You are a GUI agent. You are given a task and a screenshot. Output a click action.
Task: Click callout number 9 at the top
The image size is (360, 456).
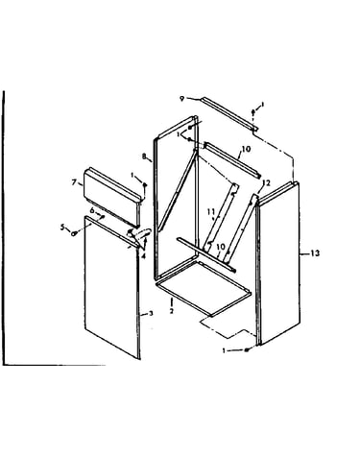181,99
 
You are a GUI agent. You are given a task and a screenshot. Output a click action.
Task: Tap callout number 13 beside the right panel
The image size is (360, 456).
315,253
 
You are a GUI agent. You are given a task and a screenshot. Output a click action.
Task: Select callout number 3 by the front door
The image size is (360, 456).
151,313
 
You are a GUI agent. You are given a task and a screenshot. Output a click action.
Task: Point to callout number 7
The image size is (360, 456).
74,182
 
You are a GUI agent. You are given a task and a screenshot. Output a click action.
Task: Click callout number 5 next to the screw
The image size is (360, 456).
62,228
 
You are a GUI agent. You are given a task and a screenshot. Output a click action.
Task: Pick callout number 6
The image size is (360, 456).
92,210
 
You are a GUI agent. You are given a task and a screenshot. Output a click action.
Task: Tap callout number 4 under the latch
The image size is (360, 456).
143,256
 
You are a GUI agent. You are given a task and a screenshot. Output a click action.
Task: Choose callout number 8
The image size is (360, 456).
144,156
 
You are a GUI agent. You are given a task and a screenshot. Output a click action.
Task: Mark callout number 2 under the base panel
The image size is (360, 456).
172,311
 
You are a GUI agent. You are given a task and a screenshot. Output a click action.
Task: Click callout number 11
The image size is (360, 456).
210,212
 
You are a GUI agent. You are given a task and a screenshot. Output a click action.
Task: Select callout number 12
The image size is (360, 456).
266,182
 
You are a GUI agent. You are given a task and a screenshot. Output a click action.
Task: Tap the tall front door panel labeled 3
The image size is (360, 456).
112,287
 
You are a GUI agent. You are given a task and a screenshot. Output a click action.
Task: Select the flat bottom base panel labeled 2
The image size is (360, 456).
204,287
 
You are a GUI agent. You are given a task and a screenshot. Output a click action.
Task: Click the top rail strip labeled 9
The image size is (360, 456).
229,114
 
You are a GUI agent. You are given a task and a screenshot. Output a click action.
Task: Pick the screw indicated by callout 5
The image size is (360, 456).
74,233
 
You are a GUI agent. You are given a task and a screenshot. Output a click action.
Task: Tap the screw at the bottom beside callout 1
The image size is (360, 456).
247,350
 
